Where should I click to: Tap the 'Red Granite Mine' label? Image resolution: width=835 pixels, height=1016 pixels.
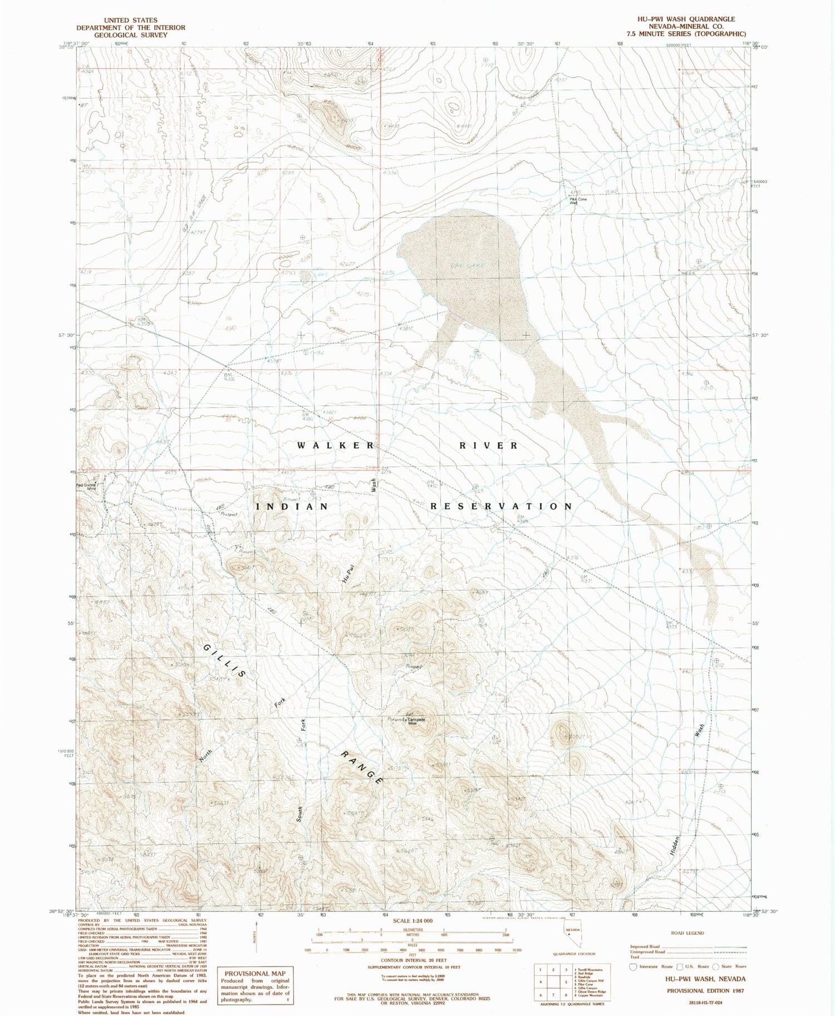coord(87,487)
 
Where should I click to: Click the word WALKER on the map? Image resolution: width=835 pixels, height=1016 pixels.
coord(336,445)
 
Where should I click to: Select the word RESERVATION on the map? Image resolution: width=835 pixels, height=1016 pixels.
coord(501,506)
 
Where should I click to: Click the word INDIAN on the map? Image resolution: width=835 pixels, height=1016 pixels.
coord(292,506)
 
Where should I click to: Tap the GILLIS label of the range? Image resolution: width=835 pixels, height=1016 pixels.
coord(224,661)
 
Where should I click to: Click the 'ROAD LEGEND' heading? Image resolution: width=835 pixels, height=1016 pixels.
coord(687,933)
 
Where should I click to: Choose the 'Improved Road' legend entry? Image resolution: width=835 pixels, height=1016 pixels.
coord(646,946)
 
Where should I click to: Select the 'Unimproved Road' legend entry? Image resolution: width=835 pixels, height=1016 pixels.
coord(649,952)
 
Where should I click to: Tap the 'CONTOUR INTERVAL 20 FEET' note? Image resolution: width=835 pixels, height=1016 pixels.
coord(412,961)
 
